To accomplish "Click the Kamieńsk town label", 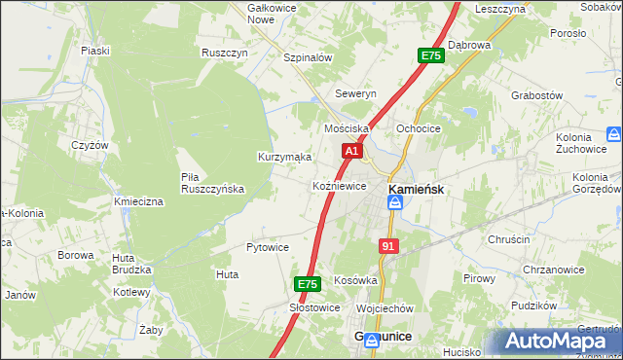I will click(x=417, y=190).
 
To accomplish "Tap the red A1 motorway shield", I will click(x=352, y=152).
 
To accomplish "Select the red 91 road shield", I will click(x=388, y=247).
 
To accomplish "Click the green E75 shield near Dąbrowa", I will click(x=431, y=56).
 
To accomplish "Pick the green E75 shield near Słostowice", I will click(x=308, y=284).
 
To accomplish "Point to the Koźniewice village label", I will click(x=339, y=185).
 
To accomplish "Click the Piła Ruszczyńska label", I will click(x=212, y=182).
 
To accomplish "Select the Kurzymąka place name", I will click(x=284, y=156).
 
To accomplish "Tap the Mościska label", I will click(x=347, y=128).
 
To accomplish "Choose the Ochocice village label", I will click(x=419, y=128).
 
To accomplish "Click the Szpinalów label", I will click(x=308, y=57).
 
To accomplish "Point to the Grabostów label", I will click(x=537, y=95).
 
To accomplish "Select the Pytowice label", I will click(x=268, y=247).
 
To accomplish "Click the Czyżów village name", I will click(x=90, y=144).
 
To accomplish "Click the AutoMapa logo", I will click(x=559, y=342).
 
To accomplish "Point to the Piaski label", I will click(x=95, y=50).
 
